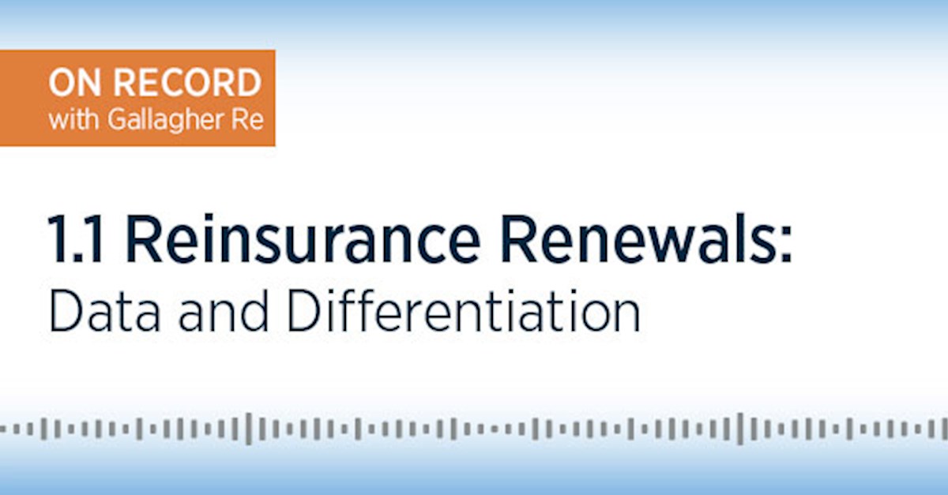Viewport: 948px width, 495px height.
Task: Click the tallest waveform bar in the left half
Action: coord(249,429)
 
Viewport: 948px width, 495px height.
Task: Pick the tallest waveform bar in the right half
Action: coord(740,429)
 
